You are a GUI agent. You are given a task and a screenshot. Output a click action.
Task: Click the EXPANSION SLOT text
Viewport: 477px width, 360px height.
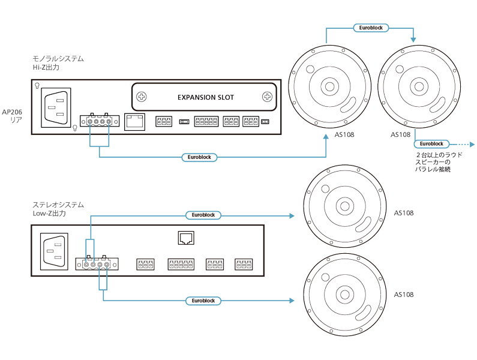(206, 97)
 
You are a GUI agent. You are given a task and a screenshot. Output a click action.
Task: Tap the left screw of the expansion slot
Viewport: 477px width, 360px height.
(142, 97)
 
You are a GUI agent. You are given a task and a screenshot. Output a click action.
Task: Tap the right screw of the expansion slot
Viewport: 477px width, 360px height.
(267, 97)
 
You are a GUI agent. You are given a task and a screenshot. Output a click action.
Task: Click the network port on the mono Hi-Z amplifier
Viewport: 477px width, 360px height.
(134, 121)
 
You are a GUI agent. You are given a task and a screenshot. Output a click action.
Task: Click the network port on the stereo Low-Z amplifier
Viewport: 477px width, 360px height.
(186, 238)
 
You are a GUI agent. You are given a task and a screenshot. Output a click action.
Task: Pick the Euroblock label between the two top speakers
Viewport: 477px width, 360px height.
(370, 28)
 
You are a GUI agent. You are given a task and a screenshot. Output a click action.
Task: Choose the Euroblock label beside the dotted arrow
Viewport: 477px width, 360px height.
(431, 144)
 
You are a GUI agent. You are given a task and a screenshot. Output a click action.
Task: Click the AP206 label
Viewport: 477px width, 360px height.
(12, 112)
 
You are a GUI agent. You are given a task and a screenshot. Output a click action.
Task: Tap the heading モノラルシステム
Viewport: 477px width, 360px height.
(58, 59)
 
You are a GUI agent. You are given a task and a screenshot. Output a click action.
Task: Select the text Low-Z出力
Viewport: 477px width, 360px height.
(49, 214)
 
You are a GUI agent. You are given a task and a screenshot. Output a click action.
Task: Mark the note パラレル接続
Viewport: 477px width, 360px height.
(433, 170)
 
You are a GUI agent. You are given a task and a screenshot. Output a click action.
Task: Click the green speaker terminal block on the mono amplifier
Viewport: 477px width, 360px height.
(98, 121)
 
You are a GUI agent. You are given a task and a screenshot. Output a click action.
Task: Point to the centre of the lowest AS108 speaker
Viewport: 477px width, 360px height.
(344, 295)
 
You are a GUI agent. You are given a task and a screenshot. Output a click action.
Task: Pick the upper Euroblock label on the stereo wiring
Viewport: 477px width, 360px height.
(203, 215)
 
